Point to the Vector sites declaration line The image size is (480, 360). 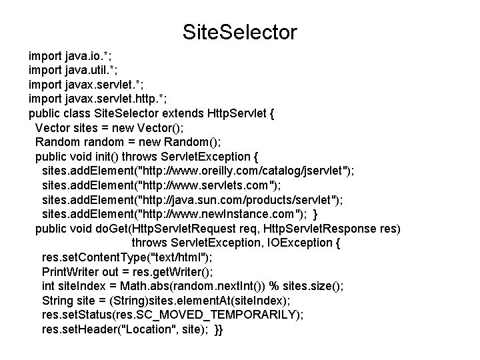pyautogui.click(x=108, y=127)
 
